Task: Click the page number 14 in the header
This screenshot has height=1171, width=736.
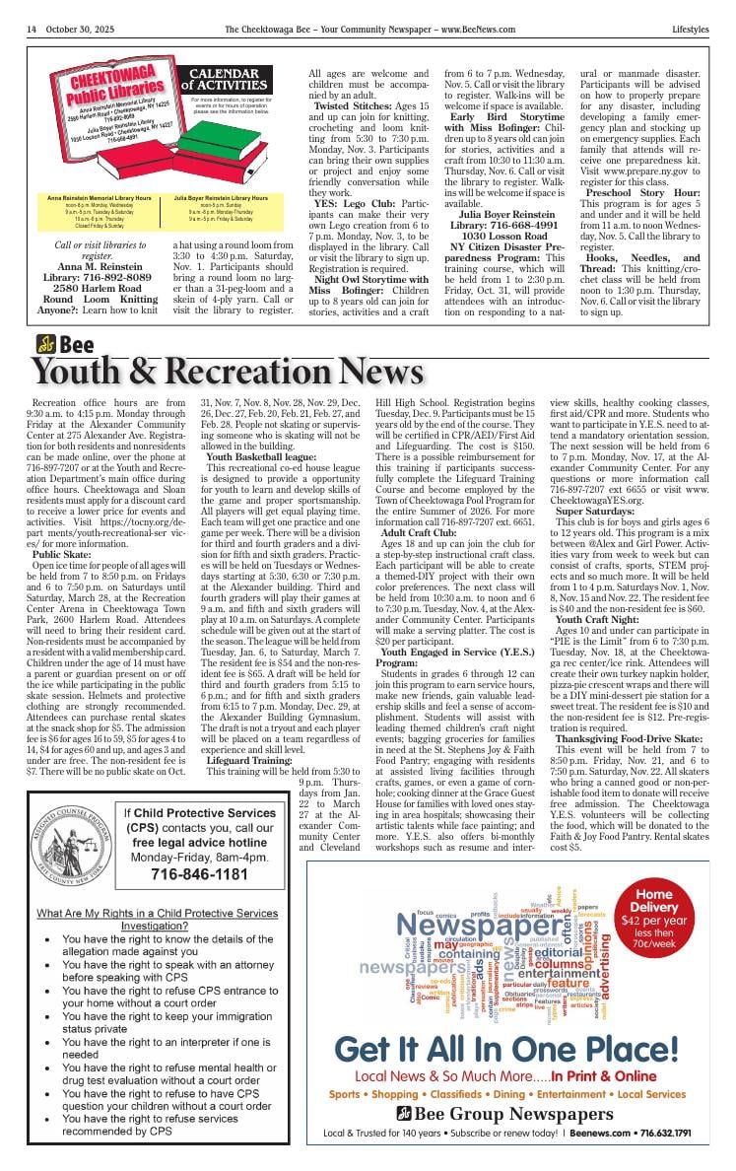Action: tap(33, 30)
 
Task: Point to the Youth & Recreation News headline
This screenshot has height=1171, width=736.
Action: tap(228, 371)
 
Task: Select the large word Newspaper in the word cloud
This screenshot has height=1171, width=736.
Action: tap(480, 928)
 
